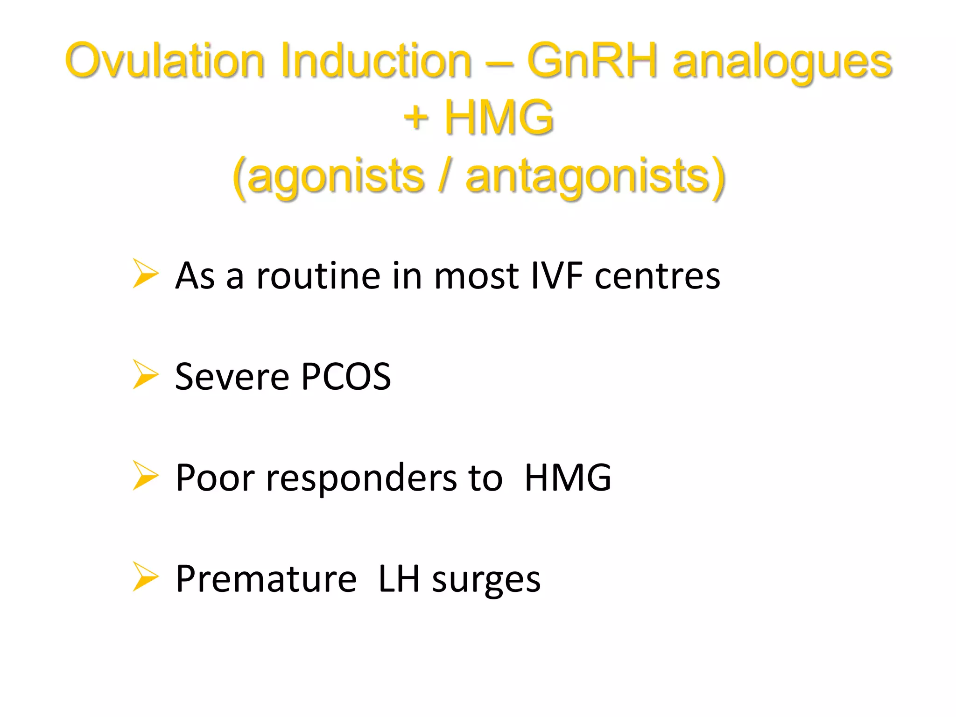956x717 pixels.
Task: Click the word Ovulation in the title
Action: point(165,61)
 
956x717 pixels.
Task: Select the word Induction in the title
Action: point(376,61)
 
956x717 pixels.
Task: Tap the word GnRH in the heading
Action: point(592,61)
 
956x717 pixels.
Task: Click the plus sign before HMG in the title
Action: point(415,118)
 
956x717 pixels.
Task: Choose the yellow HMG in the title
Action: point(499,118)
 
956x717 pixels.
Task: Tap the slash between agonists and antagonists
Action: point(445,176)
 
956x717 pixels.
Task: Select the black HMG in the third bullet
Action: point(567,478)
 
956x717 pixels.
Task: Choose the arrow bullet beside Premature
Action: point(145,576)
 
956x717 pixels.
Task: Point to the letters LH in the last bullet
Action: point(399,579)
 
